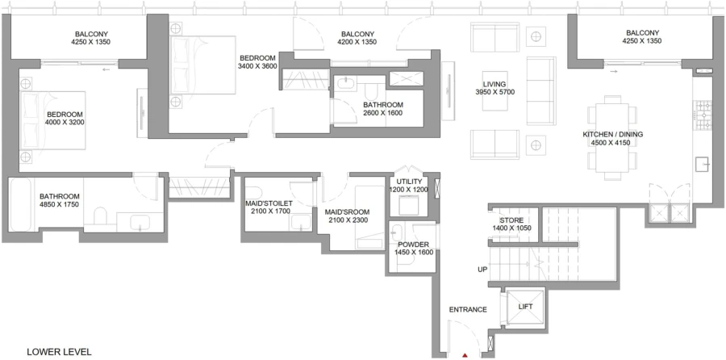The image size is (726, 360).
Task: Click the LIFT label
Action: [524, 308]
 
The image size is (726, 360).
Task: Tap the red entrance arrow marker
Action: [465, 354]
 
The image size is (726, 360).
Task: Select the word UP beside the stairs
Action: [482, 270]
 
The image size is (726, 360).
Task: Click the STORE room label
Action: [511, 220]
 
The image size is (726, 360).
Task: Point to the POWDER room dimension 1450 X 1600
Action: [414, 253]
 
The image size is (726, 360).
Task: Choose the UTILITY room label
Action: [410, 181]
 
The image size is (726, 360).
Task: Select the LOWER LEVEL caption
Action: [59, 352]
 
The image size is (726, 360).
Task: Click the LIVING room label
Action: [494, 84]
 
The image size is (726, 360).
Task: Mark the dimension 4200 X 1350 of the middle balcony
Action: [357, 42]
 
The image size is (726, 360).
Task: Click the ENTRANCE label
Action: [468, 310]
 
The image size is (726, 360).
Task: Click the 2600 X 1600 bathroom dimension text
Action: [382, 113]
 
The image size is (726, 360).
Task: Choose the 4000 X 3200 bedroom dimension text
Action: [66, 123]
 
